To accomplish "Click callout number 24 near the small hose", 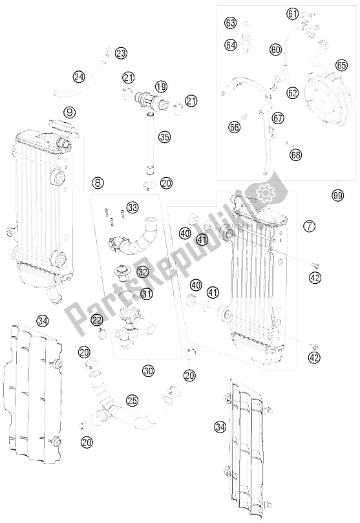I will pos(79,77).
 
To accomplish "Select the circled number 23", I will pos(121,53).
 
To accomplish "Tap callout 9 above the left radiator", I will pos(70,112).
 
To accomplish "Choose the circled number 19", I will pos(161,86).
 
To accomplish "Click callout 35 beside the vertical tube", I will pos(165,136).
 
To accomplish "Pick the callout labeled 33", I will pos(132,208).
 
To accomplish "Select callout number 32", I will pos(143,273).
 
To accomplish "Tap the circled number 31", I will pos(147,294).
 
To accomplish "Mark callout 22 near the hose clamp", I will pos(97,319).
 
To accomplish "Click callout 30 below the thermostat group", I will pos(149,371).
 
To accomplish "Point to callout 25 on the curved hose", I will pos(132,401).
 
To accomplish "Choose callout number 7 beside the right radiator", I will pos(310,226).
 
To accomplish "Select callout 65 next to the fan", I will pos(341,65).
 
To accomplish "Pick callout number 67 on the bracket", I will pos(278,118).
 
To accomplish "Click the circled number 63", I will pos(231,23).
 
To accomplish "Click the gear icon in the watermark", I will pos(264,191).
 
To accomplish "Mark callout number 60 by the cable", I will pos(276,49).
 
